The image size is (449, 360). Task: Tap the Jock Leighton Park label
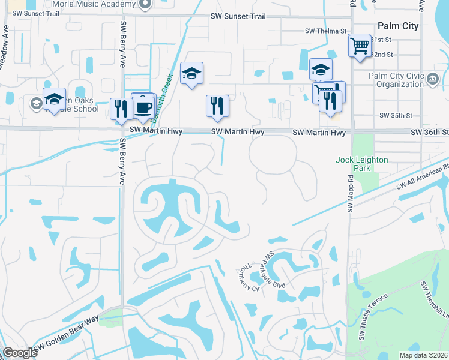point(362,164)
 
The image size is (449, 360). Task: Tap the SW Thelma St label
point(326,31)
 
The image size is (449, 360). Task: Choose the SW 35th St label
point(396,115)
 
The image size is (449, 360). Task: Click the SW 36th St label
point(429,132)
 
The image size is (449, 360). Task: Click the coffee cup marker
point(143,107)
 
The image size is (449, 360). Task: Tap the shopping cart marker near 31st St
point(360,45)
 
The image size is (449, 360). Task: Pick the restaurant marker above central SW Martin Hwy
point(217,106)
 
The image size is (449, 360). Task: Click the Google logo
point(20,353)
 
